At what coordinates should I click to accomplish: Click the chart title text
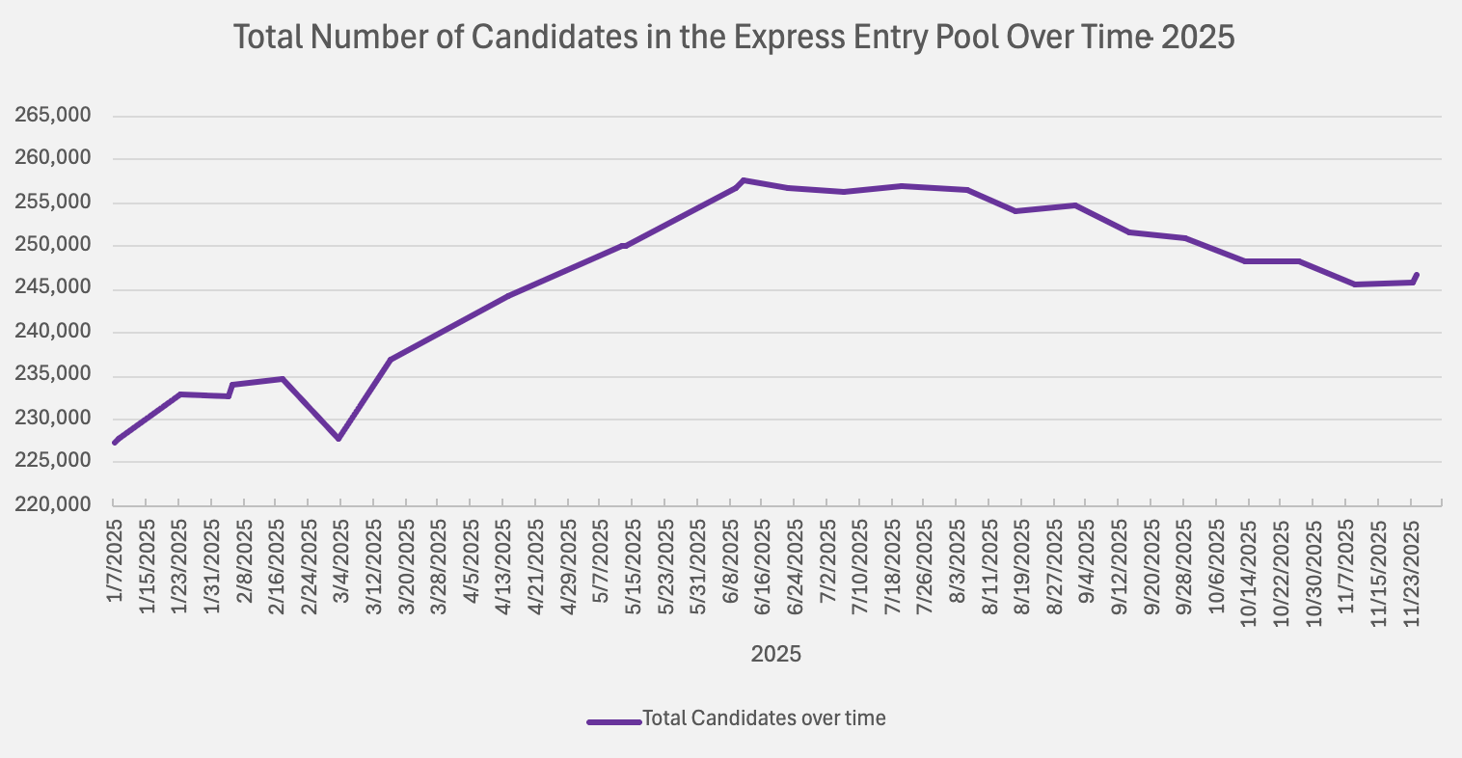tap(734, 38)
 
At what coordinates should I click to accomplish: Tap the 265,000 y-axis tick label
tap(54, 116)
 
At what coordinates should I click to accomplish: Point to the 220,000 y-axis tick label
tap(54, 504)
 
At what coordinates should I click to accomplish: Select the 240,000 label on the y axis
tap(54, 332)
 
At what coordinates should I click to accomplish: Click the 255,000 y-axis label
tap(54, 203)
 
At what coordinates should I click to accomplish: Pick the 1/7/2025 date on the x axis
tap(115, 560)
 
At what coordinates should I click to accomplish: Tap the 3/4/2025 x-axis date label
tap(341, 560)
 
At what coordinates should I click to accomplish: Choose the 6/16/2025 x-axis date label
tap(763, 565)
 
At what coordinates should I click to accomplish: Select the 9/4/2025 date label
tap(1087, 560)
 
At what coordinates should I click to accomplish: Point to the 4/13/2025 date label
tap(503, 565)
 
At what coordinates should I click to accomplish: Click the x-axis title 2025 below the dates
tap(775, 655)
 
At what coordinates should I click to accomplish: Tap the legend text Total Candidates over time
tap(764, 718)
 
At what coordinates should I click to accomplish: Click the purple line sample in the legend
tap(613, 720)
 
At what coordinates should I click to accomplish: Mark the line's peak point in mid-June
tap(743, 180)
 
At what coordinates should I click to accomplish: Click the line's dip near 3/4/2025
tap(338, 439)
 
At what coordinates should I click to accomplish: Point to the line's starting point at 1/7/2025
tap(115, 443)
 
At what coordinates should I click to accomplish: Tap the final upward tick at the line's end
tap(1416, 276)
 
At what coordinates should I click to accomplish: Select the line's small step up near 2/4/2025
tap(230, 389)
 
